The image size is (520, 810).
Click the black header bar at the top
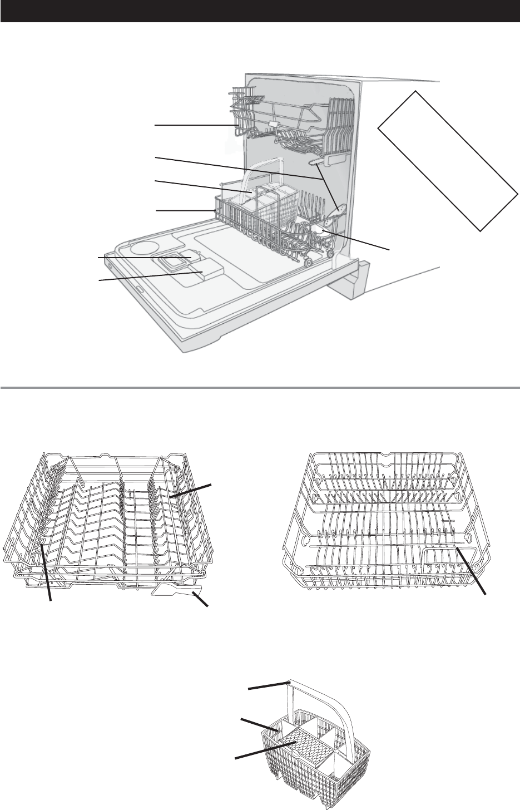tap(260, 11)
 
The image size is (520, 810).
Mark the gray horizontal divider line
tap(260, 387)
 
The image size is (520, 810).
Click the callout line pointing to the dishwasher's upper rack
tap(195, 126)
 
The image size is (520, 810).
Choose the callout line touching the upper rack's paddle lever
tap(201, 600)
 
